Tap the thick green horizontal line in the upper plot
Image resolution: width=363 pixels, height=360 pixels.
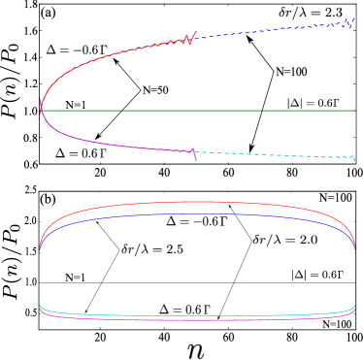[194, 111]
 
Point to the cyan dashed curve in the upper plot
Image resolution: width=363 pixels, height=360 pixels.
[272, 154]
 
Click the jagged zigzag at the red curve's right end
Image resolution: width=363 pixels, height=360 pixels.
[184, 40]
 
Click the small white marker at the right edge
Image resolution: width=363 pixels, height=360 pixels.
[356, 166]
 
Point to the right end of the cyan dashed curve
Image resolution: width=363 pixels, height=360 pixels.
[352, 158]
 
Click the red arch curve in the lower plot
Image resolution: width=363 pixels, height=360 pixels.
[194, 203]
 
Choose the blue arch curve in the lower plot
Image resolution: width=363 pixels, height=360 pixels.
[194, 213]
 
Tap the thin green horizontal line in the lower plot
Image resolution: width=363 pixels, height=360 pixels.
[194, 282]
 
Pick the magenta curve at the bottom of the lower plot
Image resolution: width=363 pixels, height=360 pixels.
[194, 319]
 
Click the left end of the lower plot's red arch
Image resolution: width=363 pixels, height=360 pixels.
[40, 245]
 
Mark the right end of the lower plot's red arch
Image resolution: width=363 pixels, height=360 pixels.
[354, 245]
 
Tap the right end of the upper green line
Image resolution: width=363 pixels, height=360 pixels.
[354, 111]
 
